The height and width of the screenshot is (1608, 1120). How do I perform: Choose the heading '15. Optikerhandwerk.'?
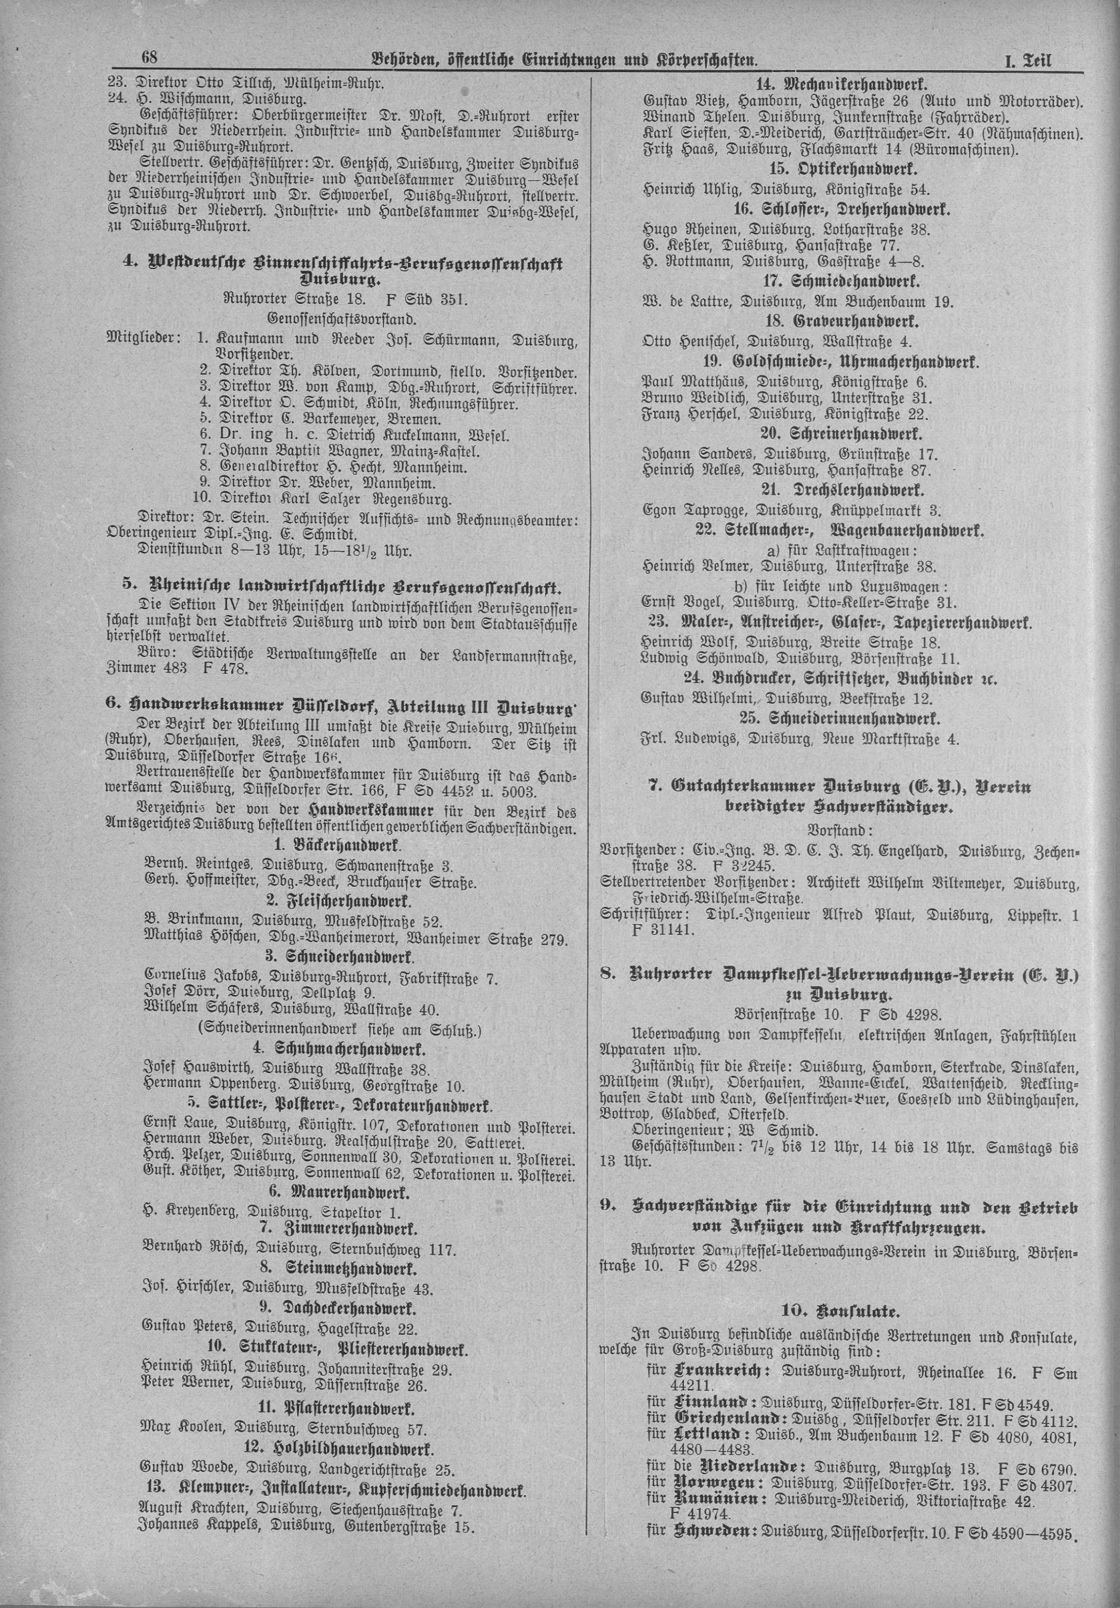(x=838, y=170)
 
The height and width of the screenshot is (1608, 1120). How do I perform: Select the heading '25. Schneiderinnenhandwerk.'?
(x=840, y=718)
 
